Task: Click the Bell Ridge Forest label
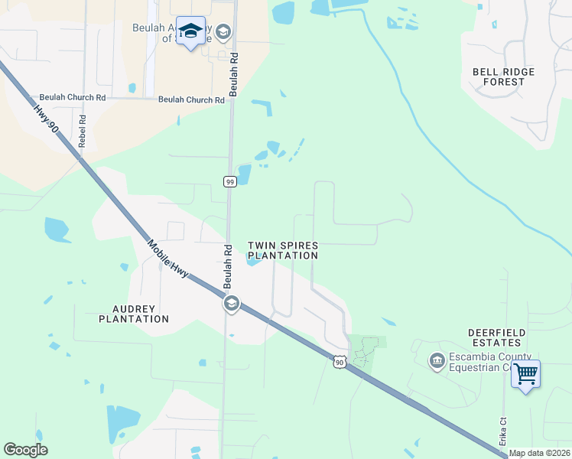[503, 76]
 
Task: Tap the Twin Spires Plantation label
[282, 250]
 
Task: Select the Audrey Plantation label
[134, 314]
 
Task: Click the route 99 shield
[229, 181]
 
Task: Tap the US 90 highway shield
[339, 360]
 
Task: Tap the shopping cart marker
[525, 374]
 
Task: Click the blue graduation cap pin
[190, 31]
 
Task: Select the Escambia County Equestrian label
[489, 361]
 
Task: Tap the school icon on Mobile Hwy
[231, 304]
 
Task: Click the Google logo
[26, 449]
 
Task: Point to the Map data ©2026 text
[539, 453]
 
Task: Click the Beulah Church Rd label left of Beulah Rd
[73, 98]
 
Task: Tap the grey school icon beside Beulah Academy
[223, 31]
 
